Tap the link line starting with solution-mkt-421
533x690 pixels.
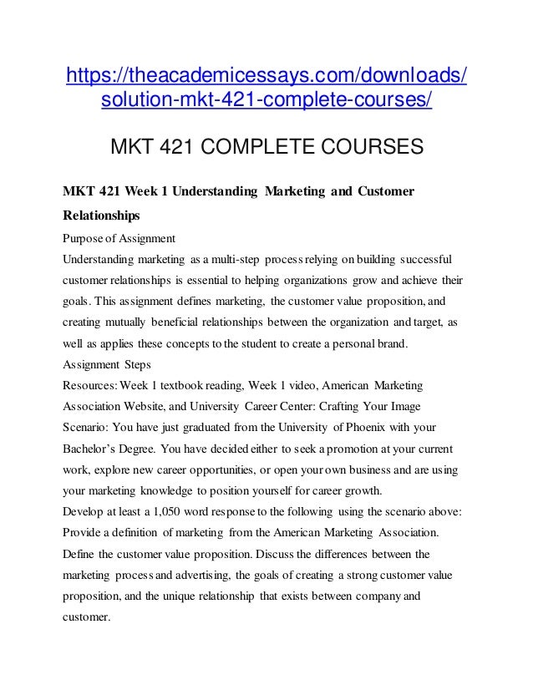pyautogui.click(x=266, y=103)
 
